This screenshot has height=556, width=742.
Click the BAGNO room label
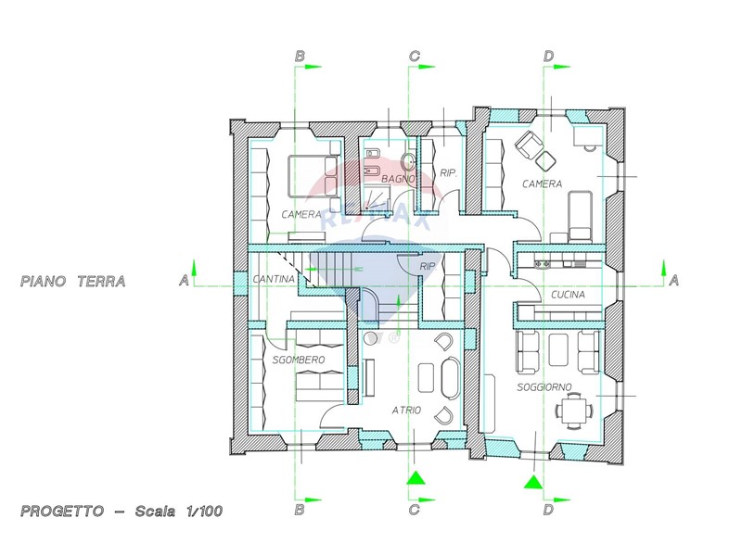point(399,179)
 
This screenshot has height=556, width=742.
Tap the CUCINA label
point(568,295)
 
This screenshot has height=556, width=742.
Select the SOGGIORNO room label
point(544,387)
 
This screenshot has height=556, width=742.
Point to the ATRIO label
point(406,410)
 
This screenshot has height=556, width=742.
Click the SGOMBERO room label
point(299,360)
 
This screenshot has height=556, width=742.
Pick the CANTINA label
point(274,279)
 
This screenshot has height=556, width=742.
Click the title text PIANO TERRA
point(73,282)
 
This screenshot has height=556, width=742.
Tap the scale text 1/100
point(203,512)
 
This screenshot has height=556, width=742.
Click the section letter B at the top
point(300,57)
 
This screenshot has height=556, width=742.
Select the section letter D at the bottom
point(548,510)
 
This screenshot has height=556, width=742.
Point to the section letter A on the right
point(674,281)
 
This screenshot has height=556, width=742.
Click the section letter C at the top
point(414,57)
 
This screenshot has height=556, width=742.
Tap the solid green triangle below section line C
point(415,478)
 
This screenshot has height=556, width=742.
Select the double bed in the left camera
point(313,176)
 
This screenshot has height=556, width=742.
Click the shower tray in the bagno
point(377,197)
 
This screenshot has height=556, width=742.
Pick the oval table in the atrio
point(450,378)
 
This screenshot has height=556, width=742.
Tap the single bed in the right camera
point(580,216)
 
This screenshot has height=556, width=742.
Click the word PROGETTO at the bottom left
point(62,512)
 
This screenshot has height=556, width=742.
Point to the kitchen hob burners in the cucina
point(543,262)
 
